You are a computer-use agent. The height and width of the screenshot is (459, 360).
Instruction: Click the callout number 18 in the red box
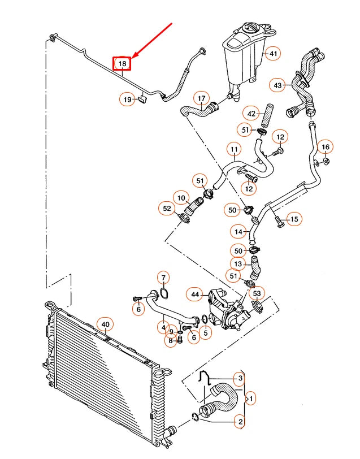[x=122, y=63]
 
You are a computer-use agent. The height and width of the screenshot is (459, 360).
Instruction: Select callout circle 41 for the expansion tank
[x=273, y=54]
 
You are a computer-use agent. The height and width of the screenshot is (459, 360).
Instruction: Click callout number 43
[x=277, y=85]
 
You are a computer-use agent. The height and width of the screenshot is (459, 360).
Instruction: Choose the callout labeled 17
[x=201, y=98]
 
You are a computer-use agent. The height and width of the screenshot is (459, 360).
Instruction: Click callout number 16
[x=325, y=148]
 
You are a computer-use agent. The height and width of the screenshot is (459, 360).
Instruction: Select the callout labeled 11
[x=234, y=150]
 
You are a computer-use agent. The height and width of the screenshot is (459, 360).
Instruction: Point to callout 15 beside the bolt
[x=294, y=219]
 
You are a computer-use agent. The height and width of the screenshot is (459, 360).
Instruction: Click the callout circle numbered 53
[x=257, y=293]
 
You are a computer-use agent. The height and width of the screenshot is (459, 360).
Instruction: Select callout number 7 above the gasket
[x=163, y=278]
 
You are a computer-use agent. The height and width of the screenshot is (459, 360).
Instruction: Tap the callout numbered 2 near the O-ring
[x=239, y=421]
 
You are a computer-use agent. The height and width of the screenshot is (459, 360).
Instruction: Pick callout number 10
[x=181, y=198]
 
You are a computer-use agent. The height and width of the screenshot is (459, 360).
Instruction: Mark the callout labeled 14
[x=238, y=232]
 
